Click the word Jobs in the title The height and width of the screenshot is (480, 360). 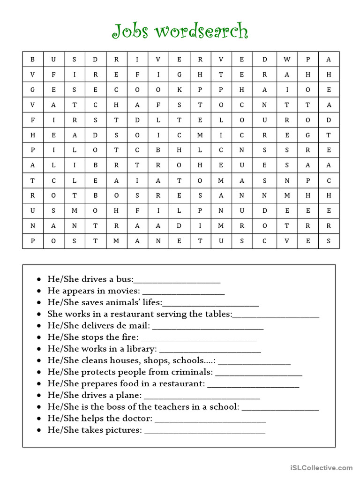point(130,31)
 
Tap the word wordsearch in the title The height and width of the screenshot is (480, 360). point(201,31)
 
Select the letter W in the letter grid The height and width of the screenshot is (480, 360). point(287,59)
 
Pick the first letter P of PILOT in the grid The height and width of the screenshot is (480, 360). point(33,150)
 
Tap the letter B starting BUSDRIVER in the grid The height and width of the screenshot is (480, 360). point(33,59)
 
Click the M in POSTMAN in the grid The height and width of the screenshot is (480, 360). point(116,241)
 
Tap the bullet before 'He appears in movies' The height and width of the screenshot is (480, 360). point(40,291)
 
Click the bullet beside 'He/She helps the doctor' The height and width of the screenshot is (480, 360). point(40,419)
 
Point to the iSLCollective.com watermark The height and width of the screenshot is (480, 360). point(321,467)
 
